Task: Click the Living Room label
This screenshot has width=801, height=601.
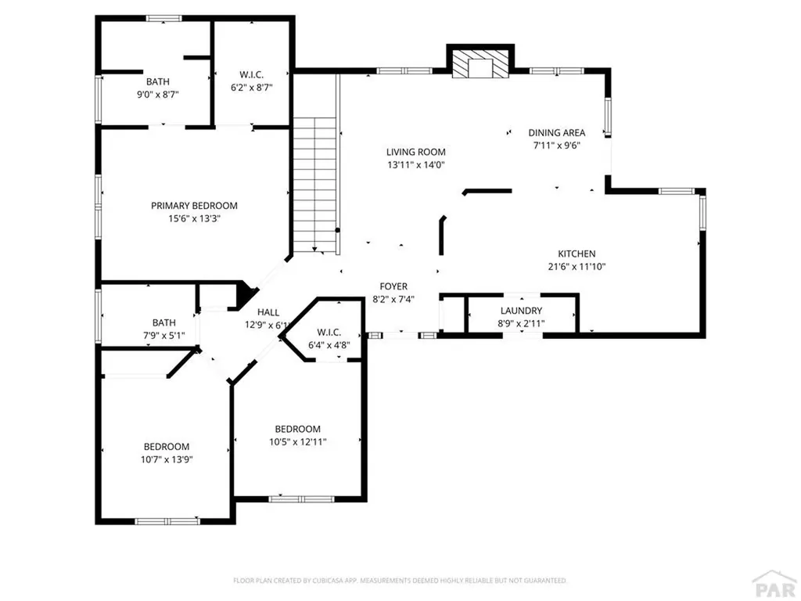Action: [x=415, y=152]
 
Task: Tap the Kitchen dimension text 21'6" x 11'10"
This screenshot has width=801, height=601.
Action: [x=577, y=267]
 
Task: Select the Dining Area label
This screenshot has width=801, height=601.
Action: [x=556, y=132]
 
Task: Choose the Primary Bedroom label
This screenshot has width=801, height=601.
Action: [x=194, y=206]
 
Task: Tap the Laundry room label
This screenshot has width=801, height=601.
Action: [x=521, y=311]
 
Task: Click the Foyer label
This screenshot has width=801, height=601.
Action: [x=393, y=286]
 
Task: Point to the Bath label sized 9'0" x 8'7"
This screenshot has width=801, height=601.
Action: [x=157, y=81]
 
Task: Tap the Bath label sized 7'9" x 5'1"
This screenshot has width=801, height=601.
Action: [x=163, y=322]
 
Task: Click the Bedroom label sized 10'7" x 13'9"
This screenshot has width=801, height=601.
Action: [x=165, y=447]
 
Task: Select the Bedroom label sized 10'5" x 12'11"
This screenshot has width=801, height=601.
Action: [x=297, y=429]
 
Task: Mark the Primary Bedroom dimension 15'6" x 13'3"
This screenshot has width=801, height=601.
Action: [x=194, y=219]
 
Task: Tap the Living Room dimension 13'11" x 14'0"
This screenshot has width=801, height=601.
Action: [x=415, y=165]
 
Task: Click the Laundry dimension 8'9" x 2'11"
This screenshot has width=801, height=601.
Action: [x=521, y=324]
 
